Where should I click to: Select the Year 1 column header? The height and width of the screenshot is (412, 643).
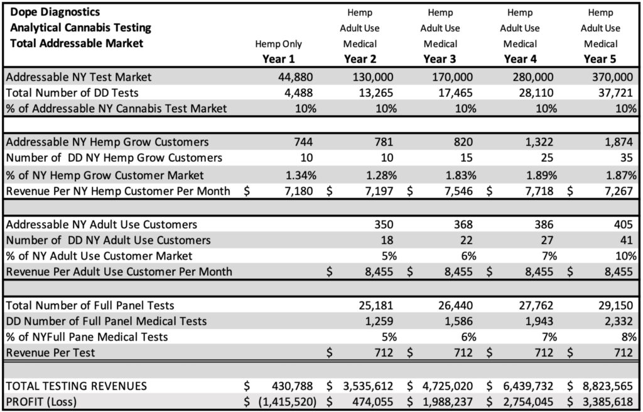pyautogui.click(x=278, y=59)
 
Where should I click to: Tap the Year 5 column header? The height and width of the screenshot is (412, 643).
pyautogui.click(x=600, y=59)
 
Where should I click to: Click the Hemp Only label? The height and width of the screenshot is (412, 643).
pyautogui.click(x=278, y=44)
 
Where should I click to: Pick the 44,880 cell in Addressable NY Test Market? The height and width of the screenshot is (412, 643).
pyautogui.click(x=296, y=77)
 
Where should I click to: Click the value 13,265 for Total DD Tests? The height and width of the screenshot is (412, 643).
pyautogui.click(x=379, y=93)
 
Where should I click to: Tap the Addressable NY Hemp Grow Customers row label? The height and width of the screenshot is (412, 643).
pyautogui.click(x=107, y=142)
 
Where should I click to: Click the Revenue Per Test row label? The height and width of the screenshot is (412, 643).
pyautogui.click(x=50, y=352)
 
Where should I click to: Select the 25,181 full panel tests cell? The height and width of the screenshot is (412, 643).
pyautogui.click(x=379, y=306)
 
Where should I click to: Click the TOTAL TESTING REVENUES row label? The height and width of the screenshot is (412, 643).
pyautogui.click(x=76, y=386)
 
